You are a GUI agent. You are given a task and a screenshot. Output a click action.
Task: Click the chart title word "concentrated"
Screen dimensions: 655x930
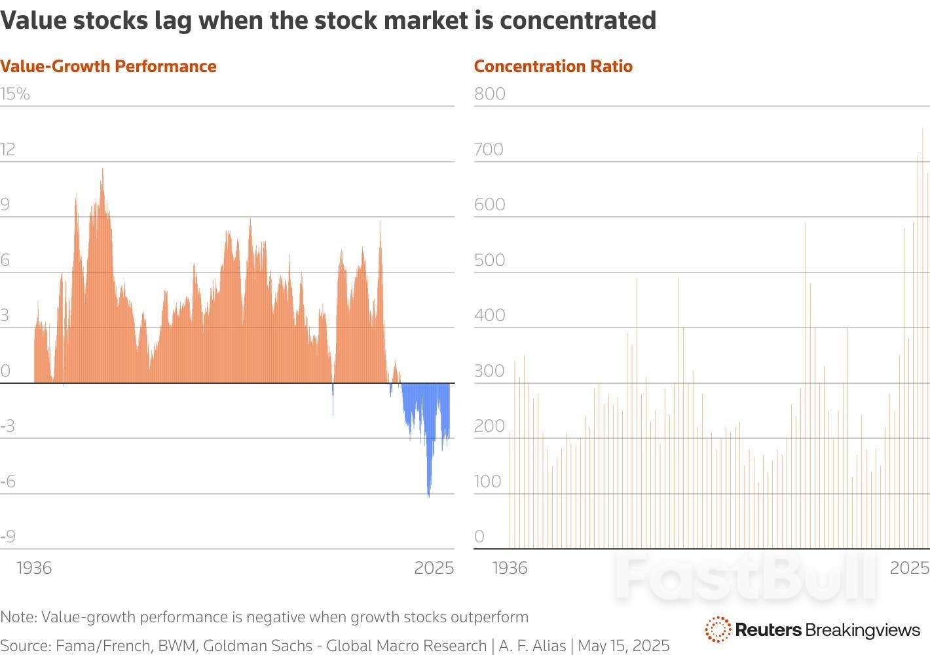[x=578, y=21]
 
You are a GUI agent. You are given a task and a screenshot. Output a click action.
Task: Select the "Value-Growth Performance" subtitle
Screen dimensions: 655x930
[x=108, y=66]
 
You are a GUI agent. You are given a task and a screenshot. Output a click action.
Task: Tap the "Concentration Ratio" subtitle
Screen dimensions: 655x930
[x=553, y=66]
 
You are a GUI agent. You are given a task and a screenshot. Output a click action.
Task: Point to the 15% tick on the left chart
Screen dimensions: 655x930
[x=15, y=94]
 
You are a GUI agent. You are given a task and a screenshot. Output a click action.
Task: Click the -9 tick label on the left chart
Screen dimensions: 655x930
[x=8, y=536]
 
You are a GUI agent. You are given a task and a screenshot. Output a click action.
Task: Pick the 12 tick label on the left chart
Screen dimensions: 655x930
[x=8, y=149]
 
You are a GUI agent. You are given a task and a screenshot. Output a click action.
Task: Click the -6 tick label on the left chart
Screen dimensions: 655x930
[x=8, y=481]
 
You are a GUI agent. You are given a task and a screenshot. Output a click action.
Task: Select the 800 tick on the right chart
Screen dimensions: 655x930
[x=490, y=94]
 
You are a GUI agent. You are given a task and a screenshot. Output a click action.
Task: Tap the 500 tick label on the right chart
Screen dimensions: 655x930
[x=490, y=260]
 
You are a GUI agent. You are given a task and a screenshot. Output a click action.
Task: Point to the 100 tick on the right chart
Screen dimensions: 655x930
[x=488, y=481]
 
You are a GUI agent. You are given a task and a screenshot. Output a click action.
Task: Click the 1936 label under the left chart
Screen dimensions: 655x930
[x=34, y=567]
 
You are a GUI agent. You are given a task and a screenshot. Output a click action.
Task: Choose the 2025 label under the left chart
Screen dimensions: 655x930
[x=434, y=567]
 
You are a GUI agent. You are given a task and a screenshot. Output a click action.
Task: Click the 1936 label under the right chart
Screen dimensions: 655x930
[x=510, y=567]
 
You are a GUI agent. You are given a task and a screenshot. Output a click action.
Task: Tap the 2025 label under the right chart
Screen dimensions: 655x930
[x=909, y=567]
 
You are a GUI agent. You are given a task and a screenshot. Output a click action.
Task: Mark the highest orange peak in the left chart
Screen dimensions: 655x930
[x=102, y=170]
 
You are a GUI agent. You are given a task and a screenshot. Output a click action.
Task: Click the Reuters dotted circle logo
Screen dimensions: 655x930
[x=718, y=629]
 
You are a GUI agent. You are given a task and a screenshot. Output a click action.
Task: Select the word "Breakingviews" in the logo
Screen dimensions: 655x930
[x=863, y=630]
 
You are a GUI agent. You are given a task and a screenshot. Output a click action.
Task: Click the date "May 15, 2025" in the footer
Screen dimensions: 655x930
[x=623, y=646]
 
